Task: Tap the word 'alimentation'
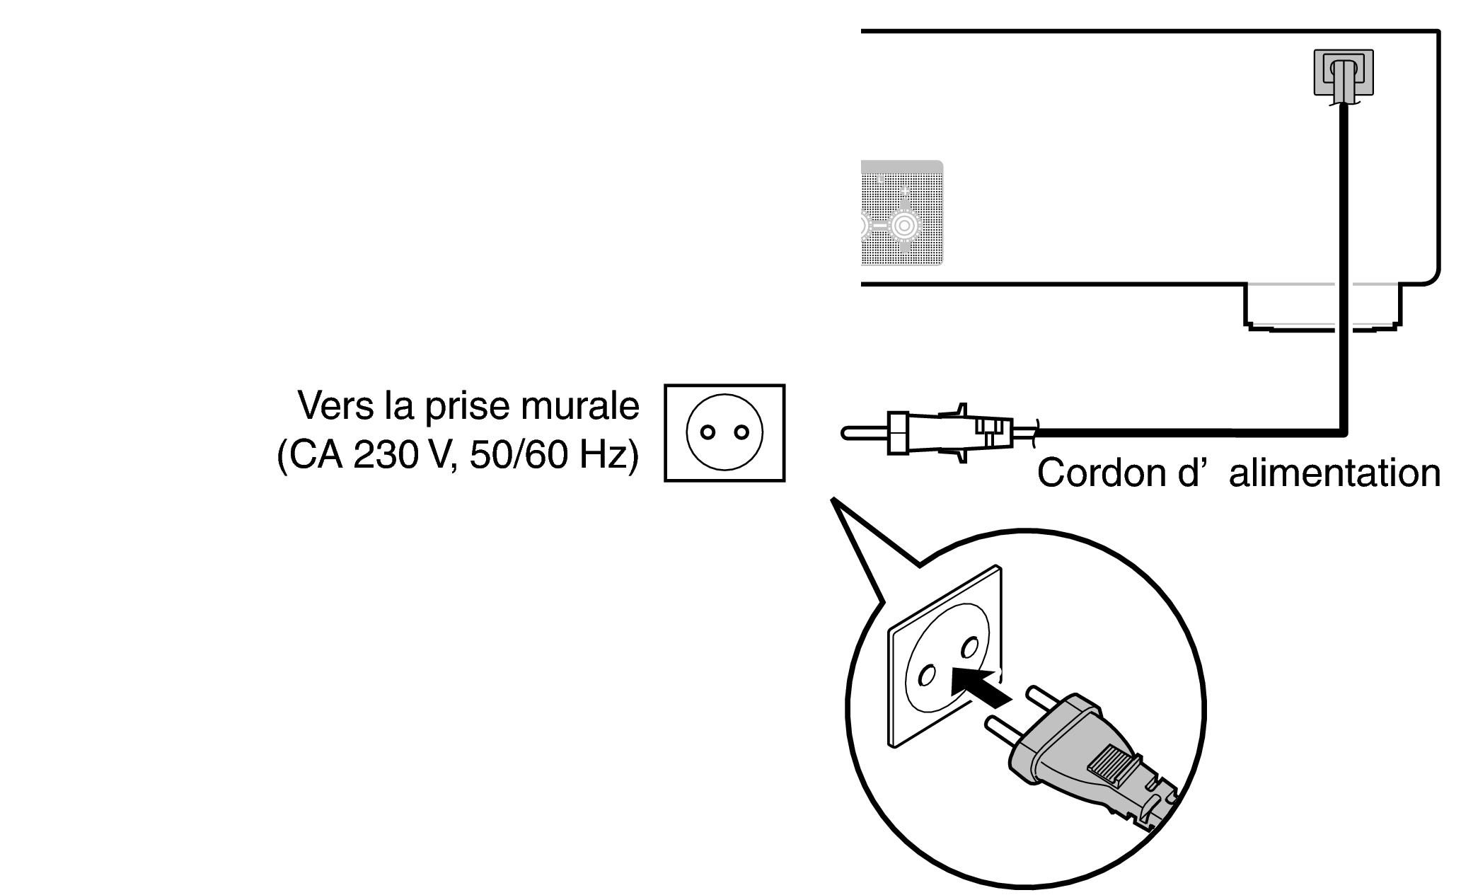[x=1334, y=473]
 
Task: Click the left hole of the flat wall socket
[x=706, y=432]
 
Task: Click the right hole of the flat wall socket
[x=741, y=432]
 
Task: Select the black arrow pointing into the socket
[x=979, y=687]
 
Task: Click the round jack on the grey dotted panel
[x=903, y=225]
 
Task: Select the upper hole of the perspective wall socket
[x=970, y=647]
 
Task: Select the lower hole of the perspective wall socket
[x=925, y=676]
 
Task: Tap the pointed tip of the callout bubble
[x=833, y=501]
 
